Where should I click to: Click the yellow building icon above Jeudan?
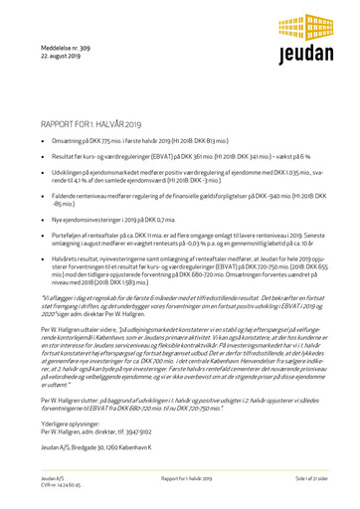pos(297,27)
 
